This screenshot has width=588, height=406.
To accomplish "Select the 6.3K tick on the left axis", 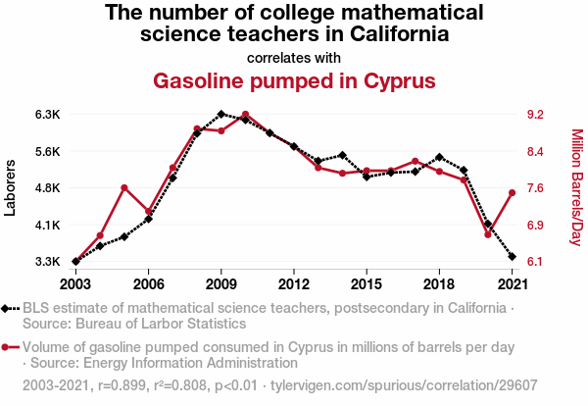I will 48,115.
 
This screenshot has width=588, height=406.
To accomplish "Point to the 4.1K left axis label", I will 48,226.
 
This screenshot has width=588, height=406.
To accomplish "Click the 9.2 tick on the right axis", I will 534,115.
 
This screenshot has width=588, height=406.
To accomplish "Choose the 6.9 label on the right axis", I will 534,226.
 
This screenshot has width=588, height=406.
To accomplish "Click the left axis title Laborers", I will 11,188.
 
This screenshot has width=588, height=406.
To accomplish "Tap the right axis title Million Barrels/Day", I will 576,187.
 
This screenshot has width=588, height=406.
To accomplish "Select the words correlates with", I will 294,57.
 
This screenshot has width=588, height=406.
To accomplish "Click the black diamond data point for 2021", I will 512,256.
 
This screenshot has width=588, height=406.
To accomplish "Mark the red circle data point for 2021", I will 512,192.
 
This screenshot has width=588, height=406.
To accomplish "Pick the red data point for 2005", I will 124,187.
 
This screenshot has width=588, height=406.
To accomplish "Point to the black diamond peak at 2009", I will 221,114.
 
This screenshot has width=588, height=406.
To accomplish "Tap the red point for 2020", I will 487,234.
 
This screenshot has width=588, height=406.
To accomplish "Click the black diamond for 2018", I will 439,157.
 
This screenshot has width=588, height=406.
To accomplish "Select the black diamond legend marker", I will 9,308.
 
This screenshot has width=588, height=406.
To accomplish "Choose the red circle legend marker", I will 9,347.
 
